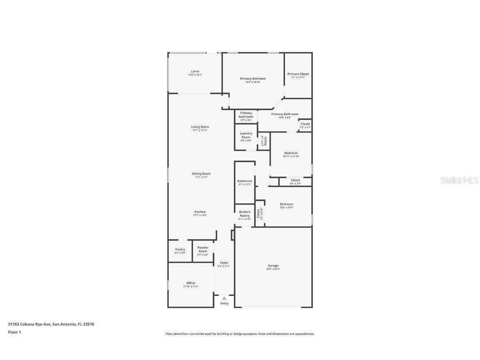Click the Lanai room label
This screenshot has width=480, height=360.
pyautogui.click(x=195, y=71)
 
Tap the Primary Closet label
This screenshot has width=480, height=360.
pyautogui.click(x=298, y=74)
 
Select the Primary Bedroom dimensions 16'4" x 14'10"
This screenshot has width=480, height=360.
pyautogui.click(x=252, y=82)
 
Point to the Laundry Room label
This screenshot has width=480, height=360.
pyautogui.click(x=246, y=135)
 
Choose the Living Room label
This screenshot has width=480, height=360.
pyautogui.click(x=200, y=127)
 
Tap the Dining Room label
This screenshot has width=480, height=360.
pyautogui.click(x=201, y=174)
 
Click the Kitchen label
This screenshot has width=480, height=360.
pyautogui.click(x=200, y=212)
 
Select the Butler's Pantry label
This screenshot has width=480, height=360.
pyautogui.click(x=245, y=214)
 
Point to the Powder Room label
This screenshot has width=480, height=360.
pyautogui.click(x=203, y=249)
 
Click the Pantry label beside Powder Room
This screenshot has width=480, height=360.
pyautogui.click(x=180, y=249)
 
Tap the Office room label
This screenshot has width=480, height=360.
pyautogui.click(x=191, y=283)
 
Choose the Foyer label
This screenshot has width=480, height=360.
pyautogui.click(x=224, y=262)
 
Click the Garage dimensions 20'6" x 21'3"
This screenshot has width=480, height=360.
pyautogui.click(x=273, y=269)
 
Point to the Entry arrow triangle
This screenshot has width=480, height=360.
pyautogui.click(x=224, y=298)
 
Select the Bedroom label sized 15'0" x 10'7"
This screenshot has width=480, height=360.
pyautogui.click(x=287, y=204)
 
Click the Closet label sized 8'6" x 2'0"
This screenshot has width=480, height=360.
pyautogui.click(x=295, y=180)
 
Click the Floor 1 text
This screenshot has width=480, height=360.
pyautogui.click(x=14, y=332)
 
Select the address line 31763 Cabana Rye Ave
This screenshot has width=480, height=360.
pyautogui.click(x=51, y=324)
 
